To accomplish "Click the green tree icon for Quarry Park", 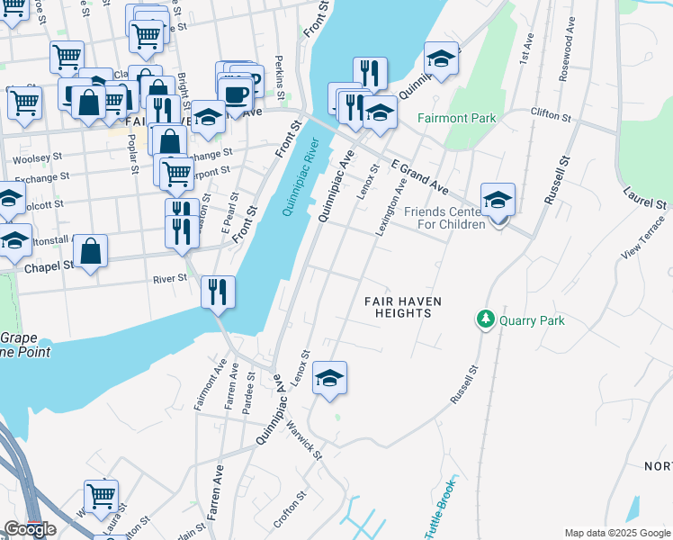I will pyautogui.click(x=486, y=319).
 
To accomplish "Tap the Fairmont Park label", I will pyautogui.click(x=456, y=118).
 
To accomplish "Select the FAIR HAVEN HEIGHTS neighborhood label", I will pyautogui.click(x=398, y=306).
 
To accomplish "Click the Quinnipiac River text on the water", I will pyautogui.click(x=301, y=175).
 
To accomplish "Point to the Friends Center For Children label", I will pyautogui.click(x=444, y=218).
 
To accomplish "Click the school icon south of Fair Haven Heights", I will pyautogui.click(x=330, y=379).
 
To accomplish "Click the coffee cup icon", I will pyautogui.click(x=235, y=95).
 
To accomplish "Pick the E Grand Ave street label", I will pyautogui.click(x=419, y=176).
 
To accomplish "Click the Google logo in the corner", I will pyautogui.click(x=30, y=529).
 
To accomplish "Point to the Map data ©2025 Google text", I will pyautogui.click(x=616, y=533).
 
